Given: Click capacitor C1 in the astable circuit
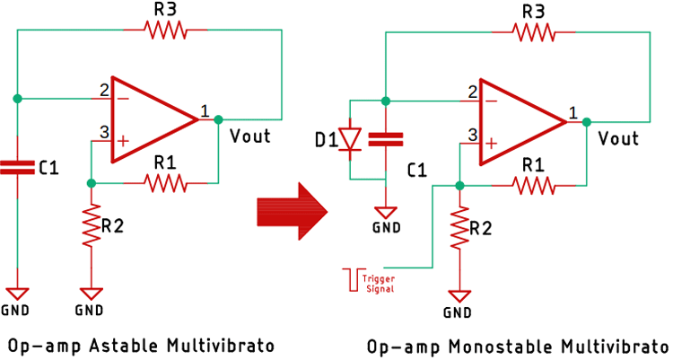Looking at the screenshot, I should tap(17, 167).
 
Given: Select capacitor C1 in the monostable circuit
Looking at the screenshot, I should tap(386, 139).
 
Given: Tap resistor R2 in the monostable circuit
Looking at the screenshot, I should tap(460, 229).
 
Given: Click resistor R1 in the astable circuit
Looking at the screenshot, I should tap(165, 183).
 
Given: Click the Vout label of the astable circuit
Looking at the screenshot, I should tap(249, 136).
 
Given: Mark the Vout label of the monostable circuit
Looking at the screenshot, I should tap(618, 139).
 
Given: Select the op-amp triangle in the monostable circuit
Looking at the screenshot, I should tap(518, 121).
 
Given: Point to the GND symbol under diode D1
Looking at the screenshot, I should tap(386, 214).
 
